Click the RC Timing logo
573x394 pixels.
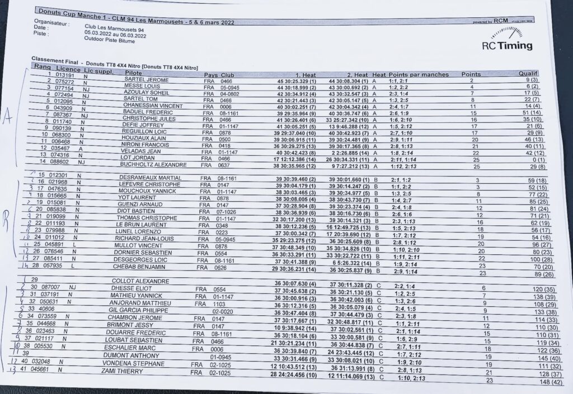[507, 45]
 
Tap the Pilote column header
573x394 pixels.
[134, 73]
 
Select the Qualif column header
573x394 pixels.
[528, 73]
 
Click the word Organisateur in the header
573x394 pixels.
[51, 24]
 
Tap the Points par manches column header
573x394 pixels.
[418, 74]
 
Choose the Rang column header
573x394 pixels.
[43, 67]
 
